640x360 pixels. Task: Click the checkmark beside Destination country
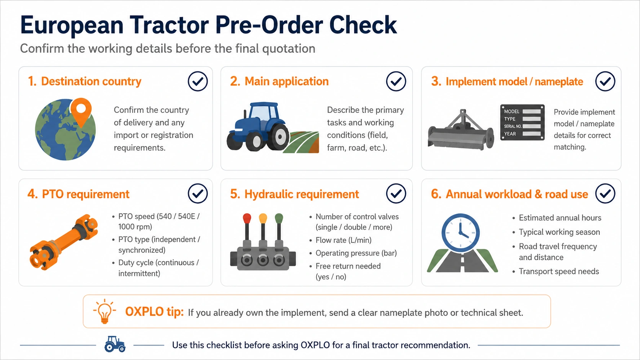pyautogui.click(x=198, y=81)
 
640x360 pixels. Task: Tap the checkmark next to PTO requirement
pyautogui.click(x=198, y=194)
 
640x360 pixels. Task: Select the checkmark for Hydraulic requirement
pyautogui.click(x=396, y=194)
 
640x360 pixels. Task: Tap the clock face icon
pyautogui.click(x=460, y=233)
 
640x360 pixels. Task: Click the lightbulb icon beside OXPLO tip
pyautogui.click(x=104, y=311)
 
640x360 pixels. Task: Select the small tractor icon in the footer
pyautogui.click(x=115, y=344)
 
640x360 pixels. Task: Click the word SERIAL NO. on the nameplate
pyautogui.click(x=513, y=126)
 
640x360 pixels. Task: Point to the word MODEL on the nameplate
pyautogui.click(x=512, y=111)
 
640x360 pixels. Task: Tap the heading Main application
pyautogui.click(x=287, y=81)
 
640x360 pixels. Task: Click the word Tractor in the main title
pyautogui.click(x=169, y=25)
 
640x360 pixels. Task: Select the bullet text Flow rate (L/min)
pyautogui.click(x=343, y=240)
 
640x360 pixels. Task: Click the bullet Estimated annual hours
pyautogui.click(x=560, y=218)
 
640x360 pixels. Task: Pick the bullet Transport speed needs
pyautogui.click(x=559, y=271)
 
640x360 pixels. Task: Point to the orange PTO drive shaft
pyautogui.click(x=64, y=242)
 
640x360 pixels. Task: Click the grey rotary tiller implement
pyautogui.click(x=461, y=130)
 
